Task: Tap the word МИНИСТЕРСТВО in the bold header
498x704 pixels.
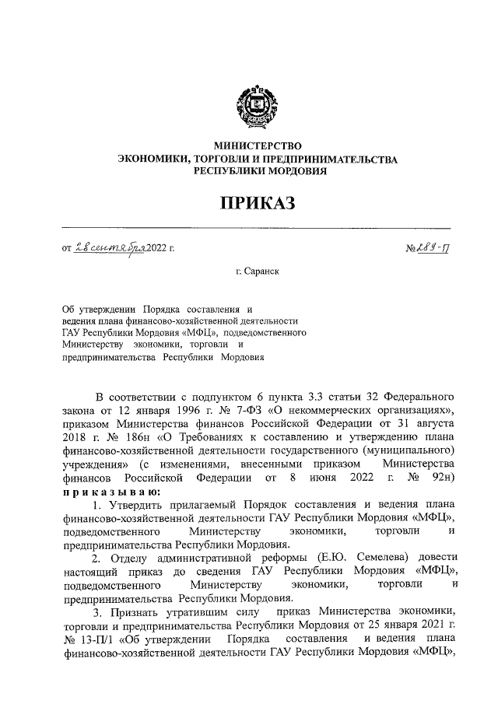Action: (x=257, y=145)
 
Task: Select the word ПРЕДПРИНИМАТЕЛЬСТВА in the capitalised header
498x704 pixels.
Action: (x=337, y=159)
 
